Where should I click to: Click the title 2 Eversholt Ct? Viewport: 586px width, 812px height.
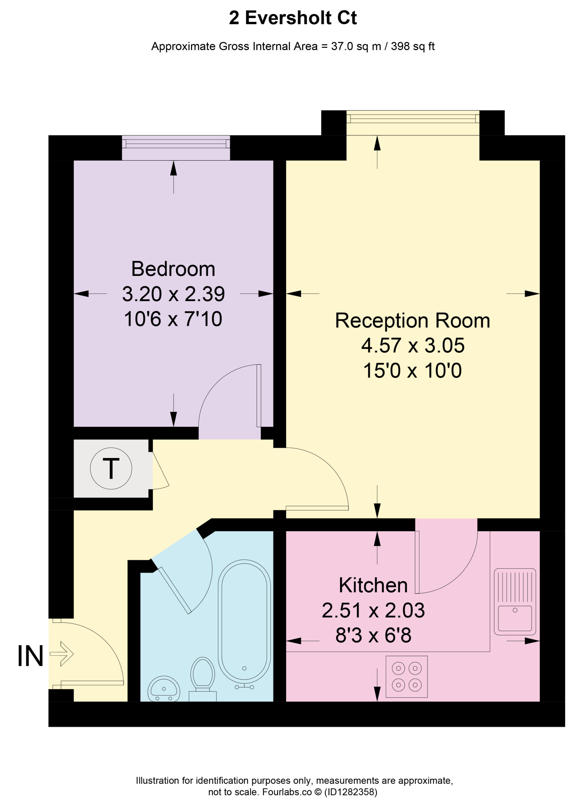tap(293, 18)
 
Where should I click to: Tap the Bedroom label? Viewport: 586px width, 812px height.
tap(173, 269)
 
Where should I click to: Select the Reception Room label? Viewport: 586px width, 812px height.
tap(412, 321)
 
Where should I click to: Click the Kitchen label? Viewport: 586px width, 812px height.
tap(373, 586)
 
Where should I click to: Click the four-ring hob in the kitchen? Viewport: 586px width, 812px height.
tap(406, 677)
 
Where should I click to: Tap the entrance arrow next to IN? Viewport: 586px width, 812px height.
tap(62, 654)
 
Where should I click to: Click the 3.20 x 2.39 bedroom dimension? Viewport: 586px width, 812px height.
tap(173, 294)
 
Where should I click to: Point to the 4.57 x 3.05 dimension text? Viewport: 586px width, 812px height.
tap(413, 345)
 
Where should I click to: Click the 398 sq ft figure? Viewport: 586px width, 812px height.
tap(413, 47)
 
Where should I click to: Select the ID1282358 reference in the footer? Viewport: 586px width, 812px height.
tap(351, 792)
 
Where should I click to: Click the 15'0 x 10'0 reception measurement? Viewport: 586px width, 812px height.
tap(412, 370)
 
